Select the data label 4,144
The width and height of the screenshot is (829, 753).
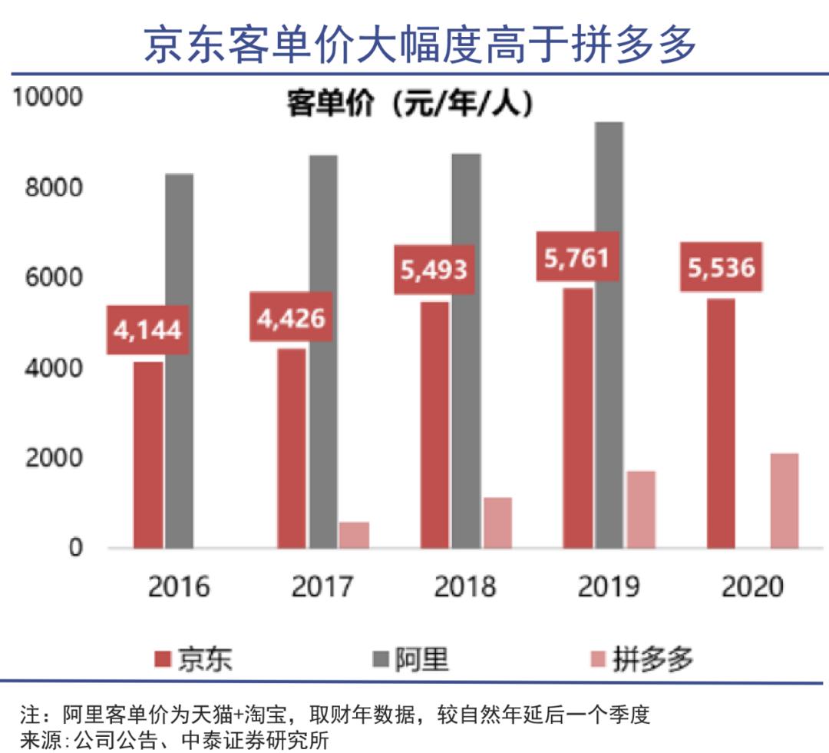[147, 330]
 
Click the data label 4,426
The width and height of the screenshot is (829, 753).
[291, 317]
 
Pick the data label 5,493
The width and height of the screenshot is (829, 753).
[434, 269]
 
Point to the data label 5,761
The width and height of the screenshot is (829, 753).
[577, 256]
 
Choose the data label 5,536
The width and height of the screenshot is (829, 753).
[722, 267]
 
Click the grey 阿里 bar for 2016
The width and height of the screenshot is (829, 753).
[180, 361]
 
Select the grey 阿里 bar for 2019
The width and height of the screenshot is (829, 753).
[609, 335]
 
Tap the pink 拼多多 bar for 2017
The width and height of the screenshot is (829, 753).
[354, 535]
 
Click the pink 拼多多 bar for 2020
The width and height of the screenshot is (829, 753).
[784, 501]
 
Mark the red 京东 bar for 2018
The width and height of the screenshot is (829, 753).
[434, 425]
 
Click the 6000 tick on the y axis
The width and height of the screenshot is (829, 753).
[53, 278]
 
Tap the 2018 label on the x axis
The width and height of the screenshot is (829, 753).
[465, 588]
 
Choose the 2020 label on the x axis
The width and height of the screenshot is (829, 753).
[752, 588]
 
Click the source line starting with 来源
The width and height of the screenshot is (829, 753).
[174, 740]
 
